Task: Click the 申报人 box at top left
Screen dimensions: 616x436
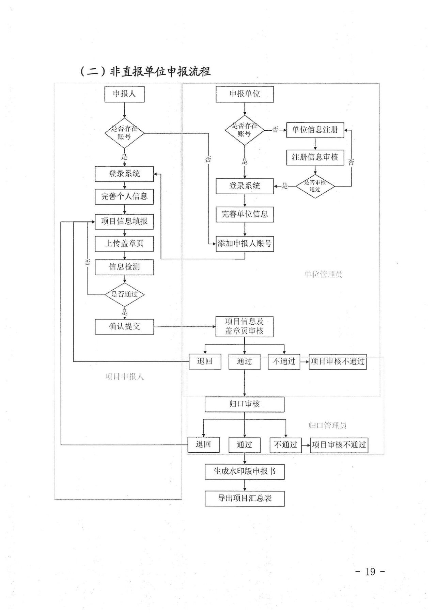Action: pos(124,94)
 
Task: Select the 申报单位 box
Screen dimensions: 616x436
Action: pos(245,94)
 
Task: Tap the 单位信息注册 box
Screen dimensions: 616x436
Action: pos(315,130)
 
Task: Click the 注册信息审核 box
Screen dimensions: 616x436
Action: pos(315,157)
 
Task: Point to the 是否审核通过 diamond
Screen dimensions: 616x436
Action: pos(315,186)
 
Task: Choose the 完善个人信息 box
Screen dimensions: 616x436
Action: pos(124,197)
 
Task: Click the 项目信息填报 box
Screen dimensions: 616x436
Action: pos(124,222)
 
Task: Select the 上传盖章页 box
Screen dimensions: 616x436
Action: pos(124,244)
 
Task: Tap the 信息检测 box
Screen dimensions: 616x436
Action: pos(124,267)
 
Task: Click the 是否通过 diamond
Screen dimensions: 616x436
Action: pos(124,294)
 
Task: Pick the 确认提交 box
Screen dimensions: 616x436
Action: pos(124,327)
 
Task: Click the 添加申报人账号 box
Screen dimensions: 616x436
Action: pos(245,244)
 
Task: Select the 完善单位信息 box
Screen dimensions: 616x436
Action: pos(245,214)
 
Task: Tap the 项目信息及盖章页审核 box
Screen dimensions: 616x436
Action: pos(245,326)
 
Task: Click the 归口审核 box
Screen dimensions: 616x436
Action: pos(245,404)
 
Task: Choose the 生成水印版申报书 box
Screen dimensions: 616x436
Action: pos(245,472)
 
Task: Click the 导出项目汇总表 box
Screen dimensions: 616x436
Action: pos(245,499)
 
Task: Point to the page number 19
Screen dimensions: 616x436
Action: pos(370,572)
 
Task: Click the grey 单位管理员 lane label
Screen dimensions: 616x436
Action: pos(323,274)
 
